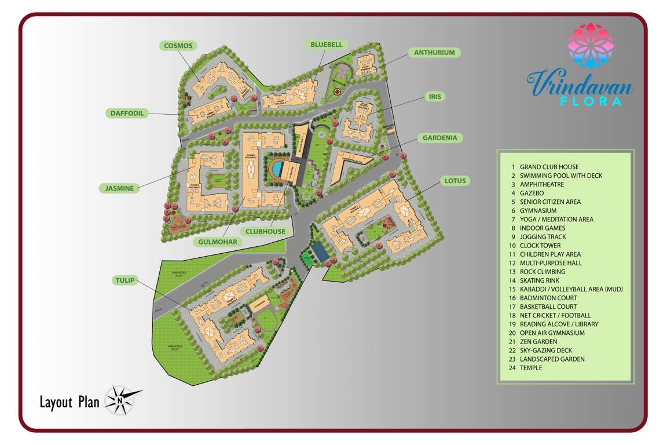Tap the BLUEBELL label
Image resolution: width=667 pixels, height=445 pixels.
tap(327, 45)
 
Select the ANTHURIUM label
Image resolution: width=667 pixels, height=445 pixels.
tap(434, 53)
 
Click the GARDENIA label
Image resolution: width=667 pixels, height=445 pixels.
tap(439, 138)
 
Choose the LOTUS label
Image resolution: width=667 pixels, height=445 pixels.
tap(455, 181)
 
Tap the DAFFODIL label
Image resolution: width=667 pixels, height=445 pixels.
tap(127, 114)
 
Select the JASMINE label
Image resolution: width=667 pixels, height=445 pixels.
tap(120, 188)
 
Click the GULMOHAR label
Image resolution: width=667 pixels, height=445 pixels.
tap(217, 241)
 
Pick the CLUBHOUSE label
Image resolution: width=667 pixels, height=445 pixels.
tap(265, 231)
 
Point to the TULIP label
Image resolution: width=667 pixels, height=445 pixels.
tap(124, 280)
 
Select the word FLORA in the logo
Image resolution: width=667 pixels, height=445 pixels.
tap(592, 101)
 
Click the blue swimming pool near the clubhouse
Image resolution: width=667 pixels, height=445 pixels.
tap(278, 169)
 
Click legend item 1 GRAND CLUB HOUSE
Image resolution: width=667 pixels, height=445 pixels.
tap(548, 167)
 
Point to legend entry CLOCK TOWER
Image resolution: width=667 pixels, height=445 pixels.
tap(540, 246)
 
